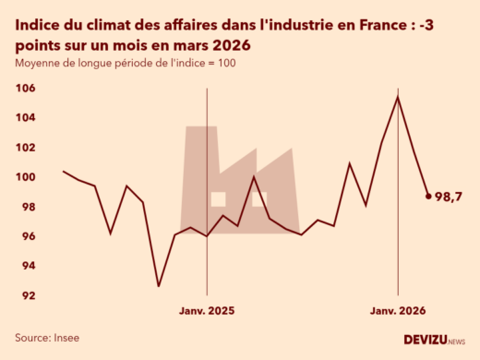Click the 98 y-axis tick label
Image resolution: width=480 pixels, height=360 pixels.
[28, 207]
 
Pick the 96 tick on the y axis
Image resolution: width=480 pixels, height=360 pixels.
[28, 236]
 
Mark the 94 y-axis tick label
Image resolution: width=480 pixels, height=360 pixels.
[28, 266]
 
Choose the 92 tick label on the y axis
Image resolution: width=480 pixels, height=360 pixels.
[28, 295]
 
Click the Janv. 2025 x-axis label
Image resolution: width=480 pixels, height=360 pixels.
[207, 312]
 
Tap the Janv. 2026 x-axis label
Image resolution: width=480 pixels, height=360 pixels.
[398, 312]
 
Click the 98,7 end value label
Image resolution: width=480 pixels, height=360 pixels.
[449, 197]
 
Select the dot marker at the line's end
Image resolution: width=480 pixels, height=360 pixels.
[428, 196]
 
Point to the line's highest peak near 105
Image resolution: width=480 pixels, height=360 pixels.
[398, 97]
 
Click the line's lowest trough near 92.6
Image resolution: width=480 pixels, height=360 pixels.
[158, 286]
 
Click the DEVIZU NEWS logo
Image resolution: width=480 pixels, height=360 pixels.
[435, 340]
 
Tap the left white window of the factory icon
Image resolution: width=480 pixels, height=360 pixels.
[219, 198]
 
